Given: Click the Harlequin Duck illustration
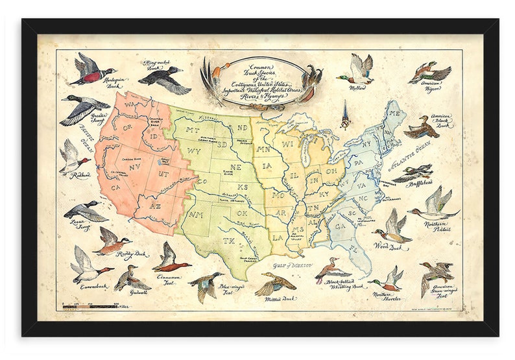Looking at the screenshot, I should coord(91,69).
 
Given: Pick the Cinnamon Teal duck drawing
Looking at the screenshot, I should coord(171,259).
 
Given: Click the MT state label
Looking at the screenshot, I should coord(192,130).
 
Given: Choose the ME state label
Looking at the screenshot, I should coord(393,114).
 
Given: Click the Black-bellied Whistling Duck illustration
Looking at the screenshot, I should coord(331,270).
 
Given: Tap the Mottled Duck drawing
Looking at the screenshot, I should coord(276,284).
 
